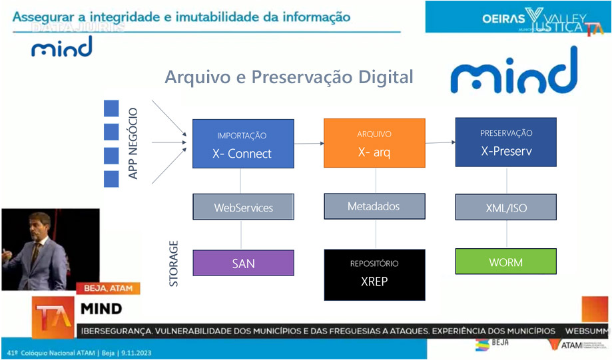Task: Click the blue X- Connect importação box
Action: (x=243, y=143)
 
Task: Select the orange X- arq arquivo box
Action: (x=374, y=142)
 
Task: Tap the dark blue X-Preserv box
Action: (x=506, y=142)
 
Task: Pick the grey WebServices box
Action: (x=243, y=207)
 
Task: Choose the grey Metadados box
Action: (x=374, y=206)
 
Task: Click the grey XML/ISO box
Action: (x=506, y=208)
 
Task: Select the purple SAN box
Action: (x=243, y=263)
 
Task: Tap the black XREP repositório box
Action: (x=374, y=274)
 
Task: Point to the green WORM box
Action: (x=506, y=262)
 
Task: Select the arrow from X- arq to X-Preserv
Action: (x=440, y=142)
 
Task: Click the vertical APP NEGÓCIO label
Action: (x=133, y=144)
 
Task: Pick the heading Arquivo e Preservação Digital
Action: (x=289, y=77)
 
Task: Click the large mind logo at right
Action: (x=513, y=71)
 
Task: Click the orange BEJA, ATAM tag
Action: (x=109, y=289)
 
